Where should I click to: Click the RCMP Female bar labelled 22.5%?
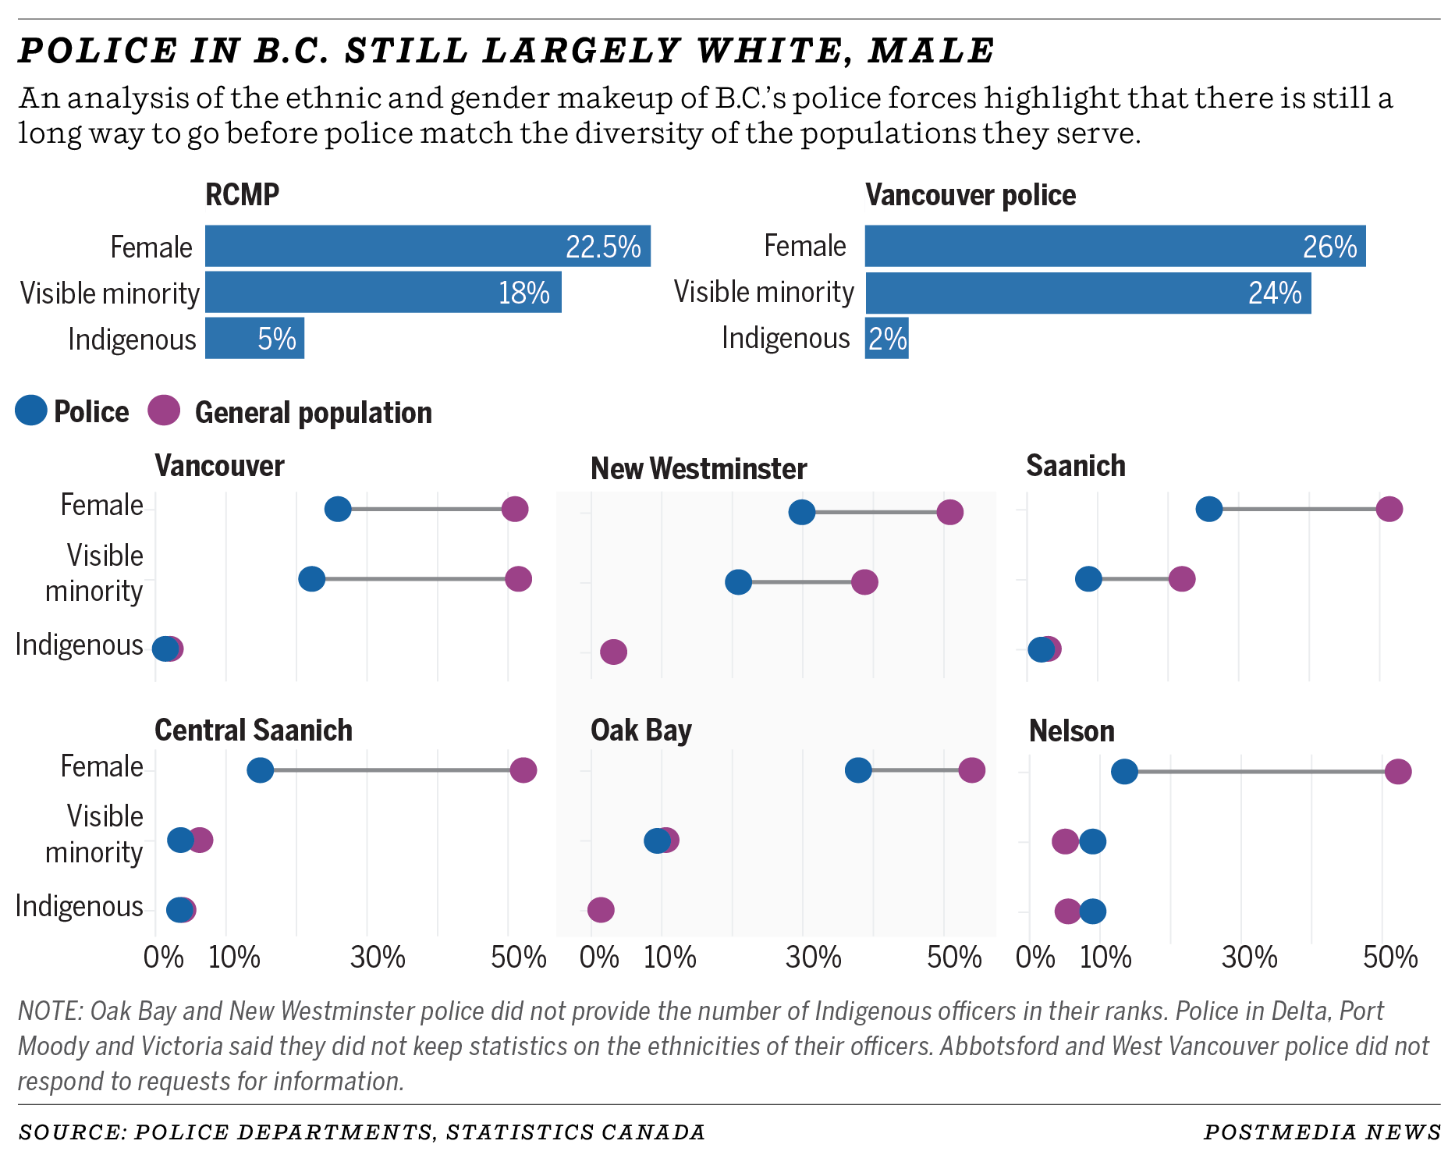coord(428,247)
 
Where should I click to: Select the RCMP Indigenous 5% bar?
coord(254,339)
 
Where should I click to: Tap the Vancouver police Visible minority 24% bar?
coord(1088,293)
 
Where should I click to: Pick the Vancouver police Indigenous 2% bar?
coord(886,339)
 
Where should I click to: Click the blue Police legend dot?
coord(31,410)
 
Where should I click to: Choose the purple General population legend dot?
coord(164,410)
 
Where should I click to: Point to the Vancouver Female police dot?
coord(338,510)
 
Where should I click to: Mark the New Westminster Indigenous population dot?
coord(614,652)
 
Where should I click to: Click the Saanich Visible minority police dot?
coord(1088,579)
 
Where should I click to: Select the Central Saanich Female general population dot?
coord(523,770)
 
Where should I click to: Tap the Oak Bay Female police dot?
coord(858,770)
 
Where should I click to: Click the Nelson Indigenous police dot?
coord(1093,911)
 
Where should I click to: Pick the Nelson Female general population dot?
coord(1398,772)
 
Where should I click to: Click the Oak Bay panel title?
coord(641,730)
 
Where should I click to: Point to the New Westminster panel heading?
coord(698,469)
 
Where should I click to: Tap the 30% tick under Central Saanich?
coord(378,957)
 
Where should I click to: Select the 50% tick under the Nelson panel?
coord(1390,957)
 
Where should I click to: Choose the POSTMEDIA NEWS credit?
coord(1322,1132)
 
